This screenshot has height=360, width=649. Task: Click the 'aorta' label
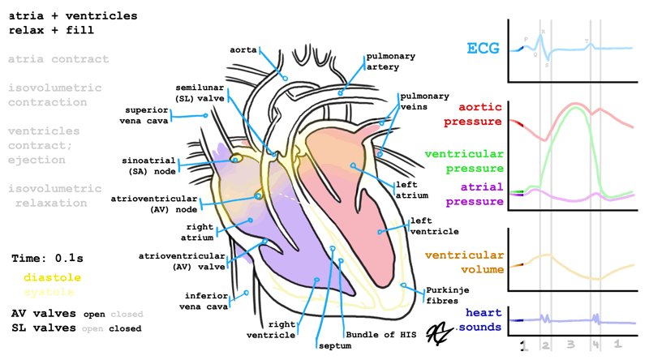243,49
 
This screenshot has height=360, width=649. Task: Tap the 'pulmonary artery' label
391,62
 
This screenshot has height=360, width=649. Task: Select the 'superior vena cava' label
146,115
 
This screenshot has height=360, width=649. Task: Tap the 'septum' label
328,345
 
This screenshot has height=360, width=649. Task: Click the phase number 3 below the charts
570,345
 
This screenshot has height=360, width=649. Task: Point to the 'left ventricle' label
432,225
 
